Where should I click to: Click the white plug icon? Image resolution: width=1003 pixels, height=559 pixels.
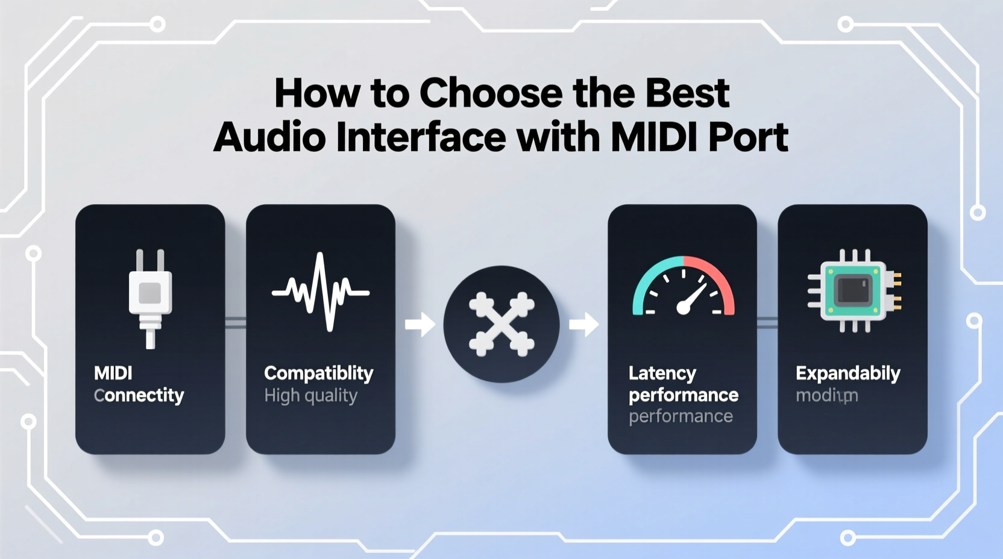coord(150,298)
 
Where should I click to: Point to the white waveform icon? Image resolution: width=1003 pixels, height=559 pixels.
coord(321,292)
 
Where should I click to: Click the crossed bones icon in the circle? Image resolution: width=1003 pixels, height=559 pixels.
coord(502,324)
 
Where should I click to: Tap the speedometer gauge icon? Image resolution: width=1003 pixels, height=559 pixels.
coord(683,287)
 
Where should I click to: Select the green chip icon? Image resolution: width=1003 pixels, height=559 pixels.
coord(854,291)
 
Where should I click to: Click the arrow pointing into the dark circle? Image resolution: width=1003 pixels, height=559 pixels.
coord(420,325)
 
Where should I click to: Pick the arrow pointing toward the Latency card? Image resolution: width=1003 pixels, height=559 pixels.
coord(583,325)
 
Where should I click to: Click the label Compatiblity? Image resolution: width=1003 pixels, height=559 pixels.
coord(318,373)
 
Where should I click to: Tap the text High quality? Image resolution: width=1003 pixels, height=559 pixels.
coord(310,396)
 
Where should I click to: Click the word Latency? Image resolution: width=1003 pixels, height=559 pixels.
coord(662,373)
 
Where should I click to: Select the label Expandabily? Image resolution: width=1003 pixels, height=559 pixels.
coord(847,373)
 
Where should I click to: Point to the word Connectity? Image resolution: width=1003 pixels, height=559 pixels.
coord(139,395)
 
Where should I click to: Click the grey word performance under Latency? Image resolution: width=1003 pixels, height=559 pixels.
coord(681,416)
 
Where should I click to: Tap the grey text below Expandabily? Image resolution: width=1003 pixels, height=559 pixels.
coord(826,396)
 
